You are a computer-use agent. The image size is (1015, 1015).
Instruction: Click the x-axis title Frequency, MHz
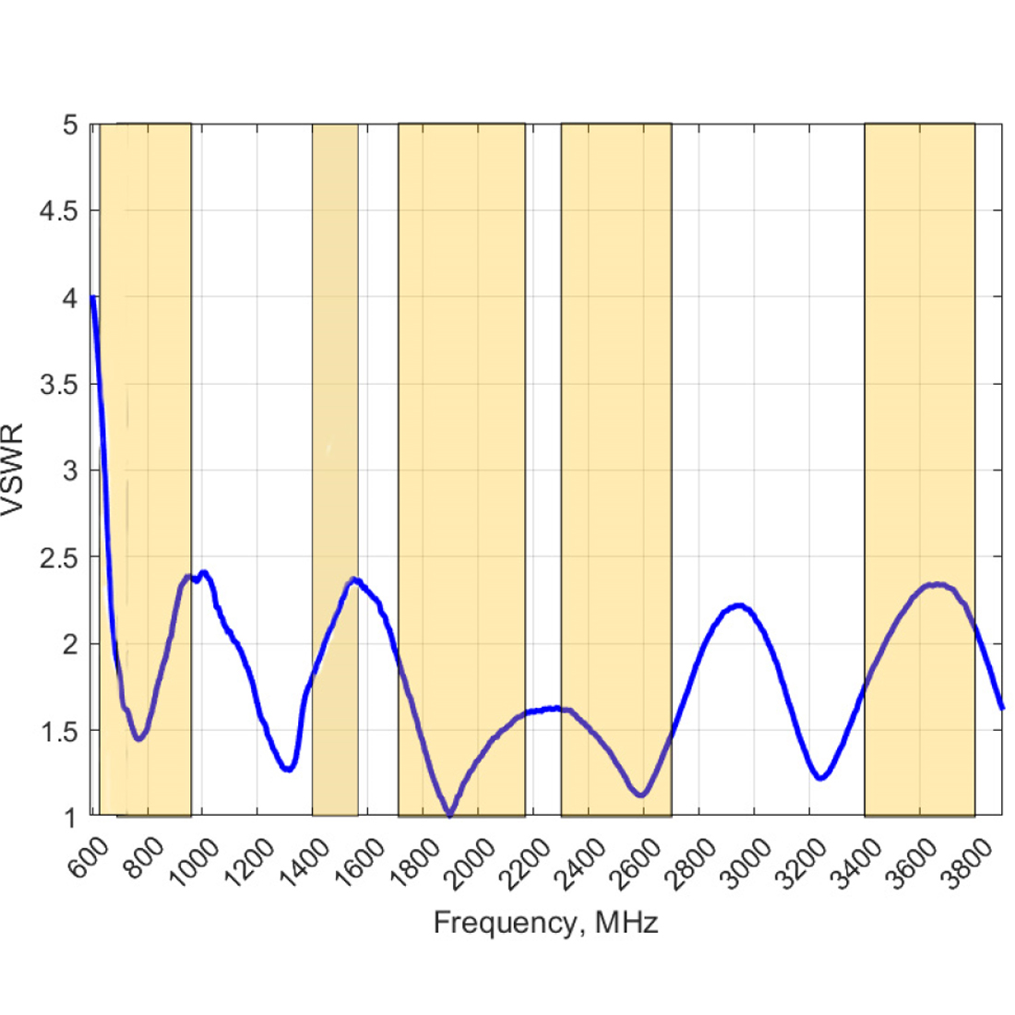[546, 922]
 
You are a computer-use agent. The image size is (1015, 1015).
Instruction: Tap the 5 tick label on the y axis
[70, 125]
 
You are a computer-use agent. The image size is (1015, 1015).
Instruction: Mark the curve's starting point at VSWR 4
[92, 297]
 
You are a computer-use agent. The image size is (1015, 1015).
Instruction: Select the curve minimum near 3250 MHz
[820, 778]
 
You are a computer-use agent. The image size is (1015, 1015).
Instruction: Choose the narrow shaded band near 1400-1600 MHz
[335, 369]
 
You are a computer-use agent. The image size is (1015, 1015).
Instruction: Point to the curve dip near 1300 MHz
[289, 768]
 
